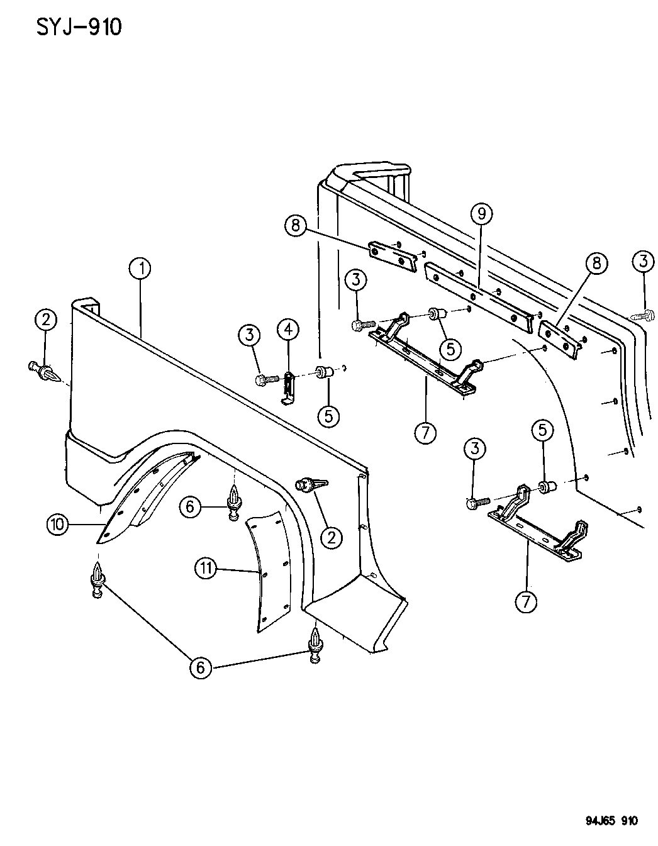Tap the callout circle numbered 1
tap(141, 269)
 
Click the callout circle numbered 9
tap(481, 214)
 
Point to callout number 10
tap(58, 524)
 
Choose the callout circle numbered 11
tap(205, 569)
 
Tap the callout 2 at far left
tap(46, 321)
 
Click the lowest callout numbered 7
tap(526, 601)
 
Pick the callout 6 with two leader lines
tap(201, 667)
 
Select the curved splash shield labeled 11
tap(267, 566)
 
